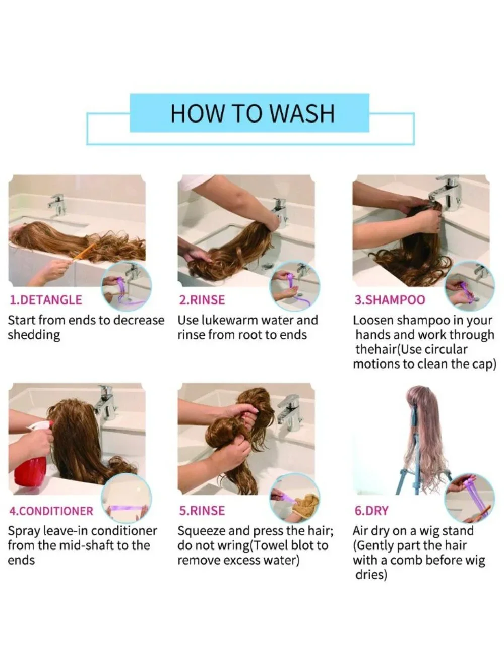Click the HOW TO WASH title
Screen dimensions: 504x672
coord(253,113)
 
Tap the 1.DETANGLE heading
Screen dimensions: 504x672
coord(46,300)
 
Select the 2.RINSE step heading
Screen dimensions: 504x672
coord(202,300)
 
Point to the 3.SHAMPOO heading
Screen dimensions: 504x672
coord(390,300)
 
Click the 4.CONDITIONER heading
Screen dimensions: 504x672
coord(51,511)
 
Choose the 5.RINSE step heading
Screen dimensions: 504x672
coord(202,511)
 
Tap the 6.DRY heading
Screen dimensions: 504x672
coord(371,511)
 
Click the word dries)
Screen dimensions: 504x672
coord(371,576)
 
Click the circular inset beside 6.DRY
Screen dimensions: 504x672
coord(469,499)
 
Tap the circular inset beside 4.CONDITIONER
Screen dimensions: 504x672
coord(126,499)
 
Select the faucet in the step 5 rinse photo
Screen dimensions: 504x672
coord(289,412)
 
